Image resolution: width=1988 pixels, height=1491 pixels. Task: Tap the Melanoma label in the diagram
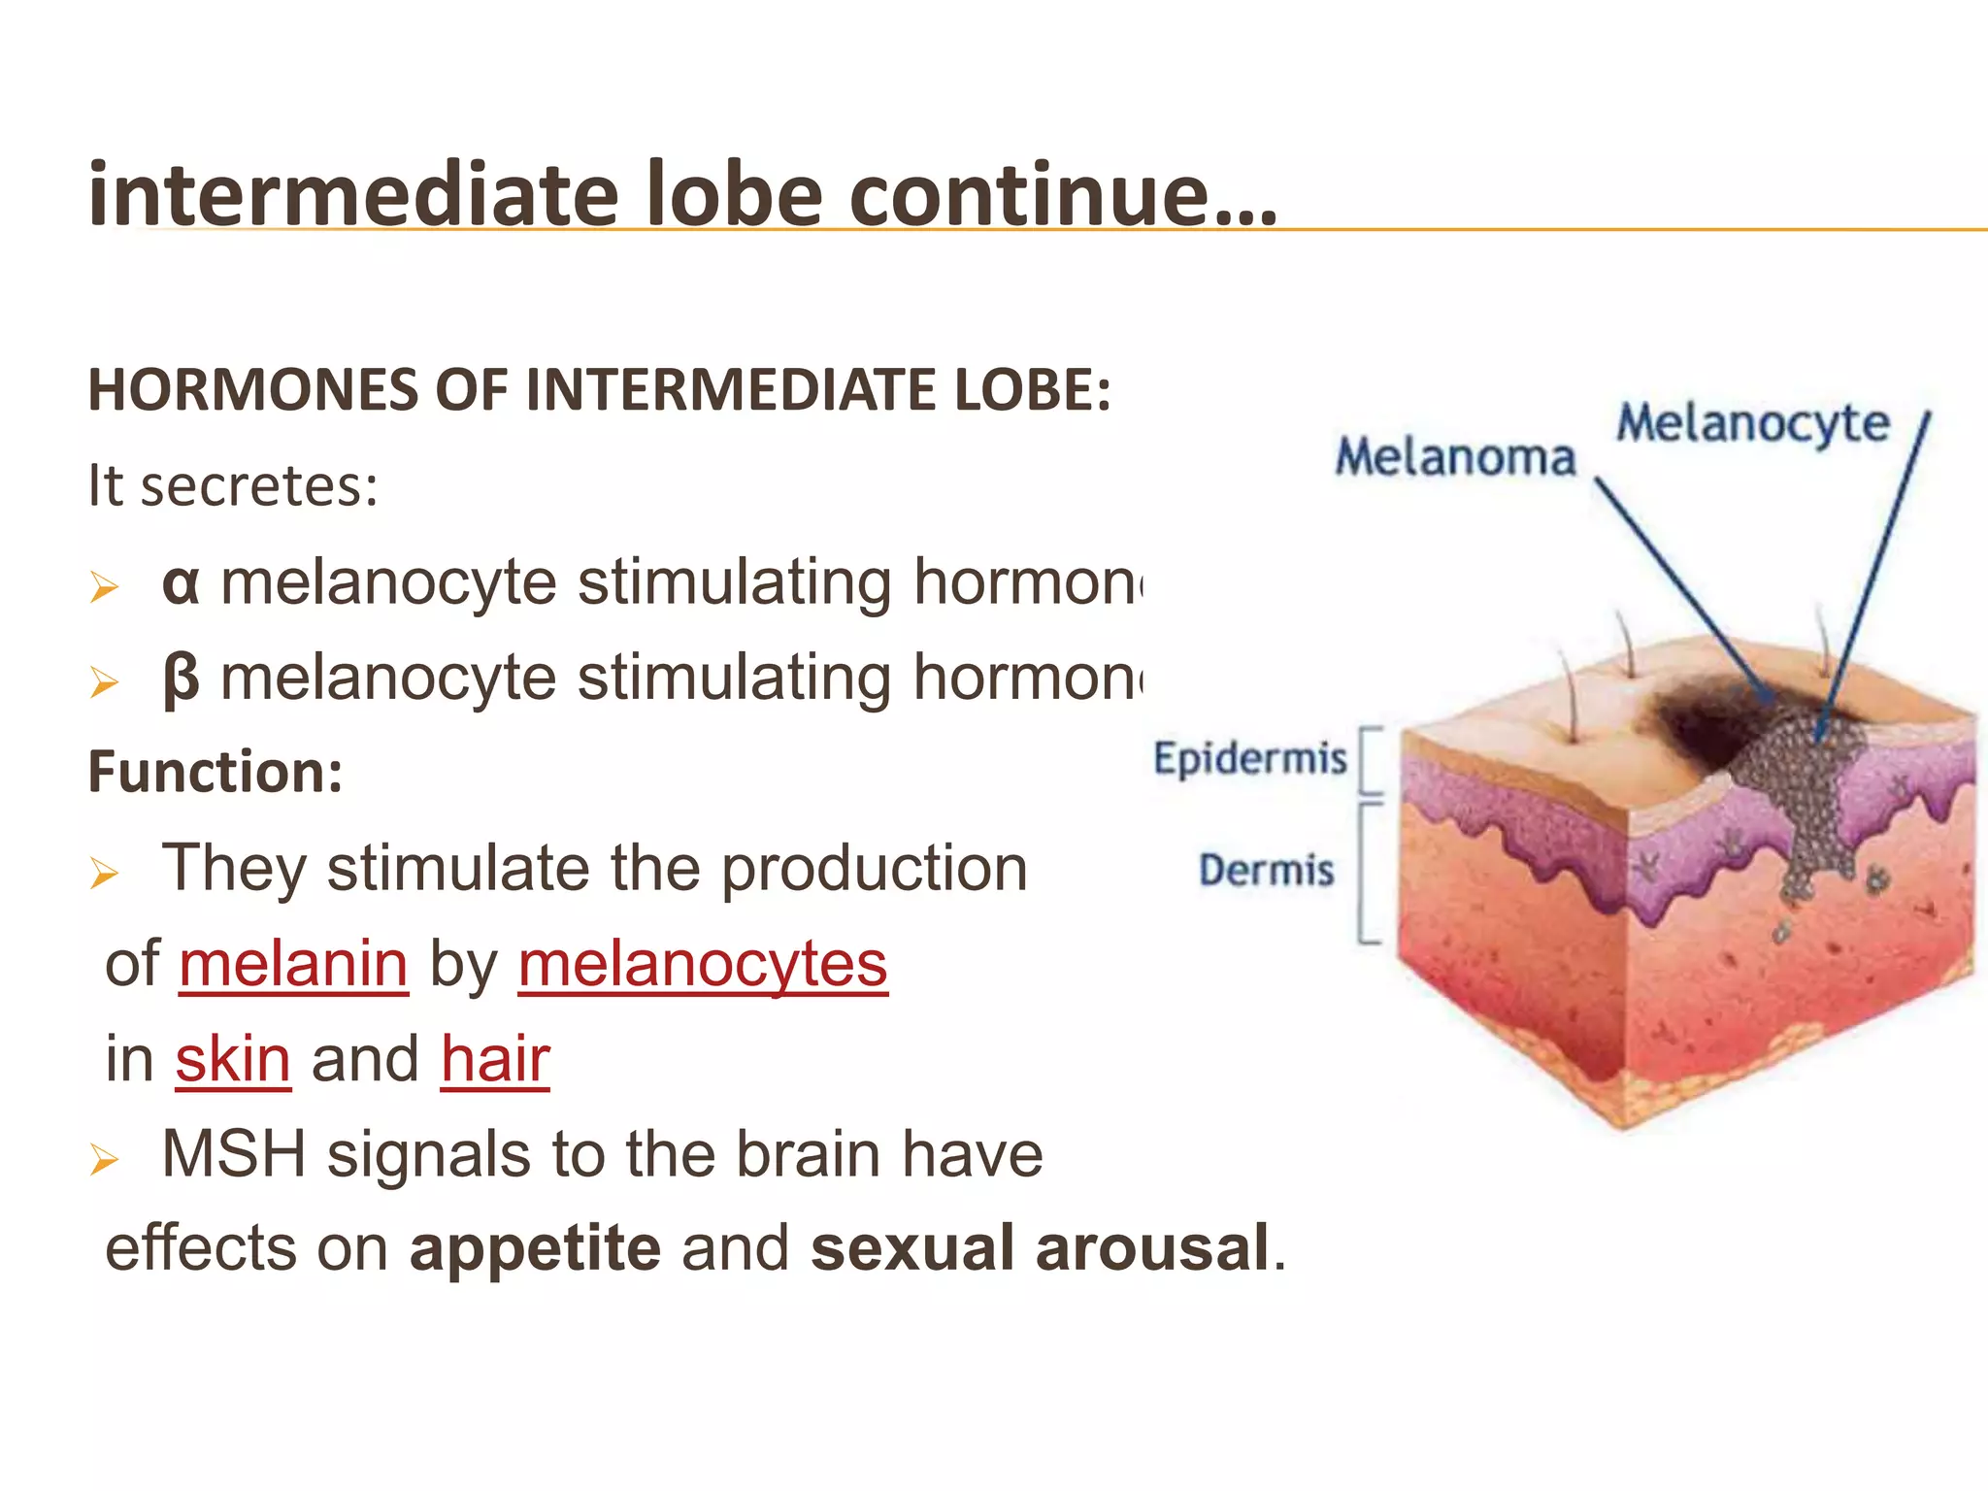coord(1454,457)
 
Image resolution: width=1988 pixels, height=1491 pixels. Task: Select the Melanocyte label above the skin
coord(1752,424)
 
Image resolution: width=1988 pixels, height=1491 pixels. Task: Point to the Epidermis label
coord(1249,758)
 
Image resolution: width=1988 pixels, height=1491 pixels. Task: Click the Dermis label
coord(1266,870)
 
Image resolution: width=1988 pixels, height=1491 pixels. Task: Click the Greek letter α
coord(181,584)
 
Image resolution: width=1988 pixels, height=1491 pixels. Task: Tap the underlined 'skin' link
coord(233,1059)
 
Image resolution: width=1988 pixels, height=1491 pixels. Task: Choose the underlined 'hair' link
coord(495,1059)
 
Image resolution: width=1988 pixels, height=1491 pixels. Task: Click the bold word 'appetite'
coord(535,1249)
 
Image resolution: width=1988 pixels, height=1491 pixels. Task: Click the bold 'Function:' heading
coord(215,773)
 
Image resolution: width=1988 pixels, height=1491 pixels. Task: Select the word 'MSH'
coord(233,1154)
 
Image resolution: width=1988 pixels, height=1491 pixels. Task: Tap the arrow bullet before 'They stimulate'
coord(104,873)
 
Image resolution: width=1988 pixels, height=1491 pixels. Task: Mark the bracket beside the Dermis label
coord(1368,872)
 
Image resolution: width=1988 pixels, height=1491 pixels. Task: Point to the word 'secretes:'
coord(258,485)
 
